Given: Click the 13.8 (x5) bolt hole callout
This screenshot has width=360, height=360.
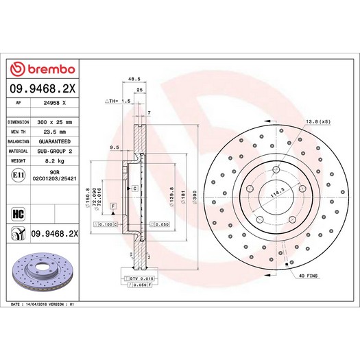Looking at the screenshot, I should pos(320,121).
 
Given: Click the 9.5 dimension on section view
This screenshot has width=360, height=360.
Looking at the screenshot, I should pos(115,147).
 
